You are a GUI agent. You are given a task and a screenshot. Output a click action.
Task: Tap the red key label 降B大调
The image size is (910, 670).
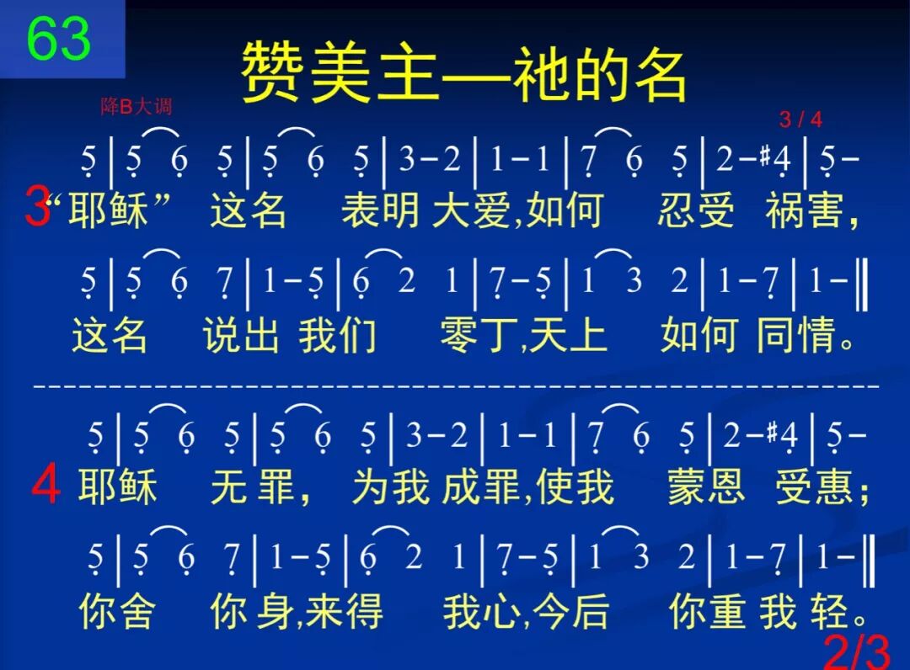pyautogui.click(x=136, y=107)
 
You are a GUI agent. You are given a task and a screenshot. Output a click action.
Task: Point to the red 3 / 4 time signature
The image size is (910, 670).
pyautogui.click(x=800, y=120)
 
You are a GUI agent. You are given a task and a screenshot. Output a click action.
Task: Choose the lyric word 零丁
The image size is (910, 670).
pyautogui.click(x=478, y=335)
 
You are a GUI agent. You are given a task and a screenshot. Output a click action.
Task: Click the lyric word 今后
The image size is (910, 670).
pyautogui.click(x=572, y=612)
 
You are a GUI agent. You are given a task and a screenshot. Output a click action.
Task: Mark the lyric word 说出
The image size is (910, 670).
pyautogui.click(x=241, y=335)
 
